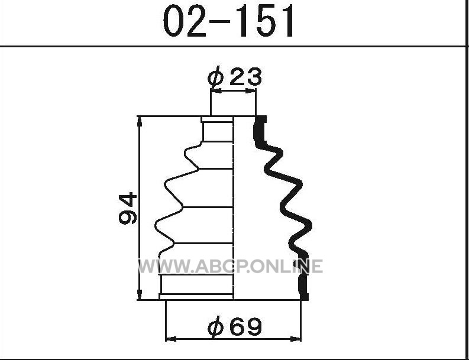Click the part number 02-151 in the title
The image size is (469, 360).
click(229, 21)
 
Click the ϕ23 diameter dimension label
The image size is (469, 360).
click(234, 76)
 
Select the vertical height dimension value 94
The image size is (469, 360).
click(128, 209)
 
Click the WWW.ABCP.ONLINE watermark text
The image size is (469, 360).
click(230, 266)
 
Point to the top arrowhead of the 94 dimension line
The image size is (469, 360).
click(140, 122)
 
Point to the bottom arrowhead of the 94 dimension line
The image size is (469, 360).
click(140, 294)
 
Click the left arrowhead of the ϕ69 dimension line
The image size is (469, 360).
click(171, 339)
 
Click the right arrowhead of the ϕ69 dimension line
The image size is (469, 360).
click(296, 339)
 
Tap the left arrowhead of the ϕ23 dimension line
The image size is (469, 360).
click(216, 90)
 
